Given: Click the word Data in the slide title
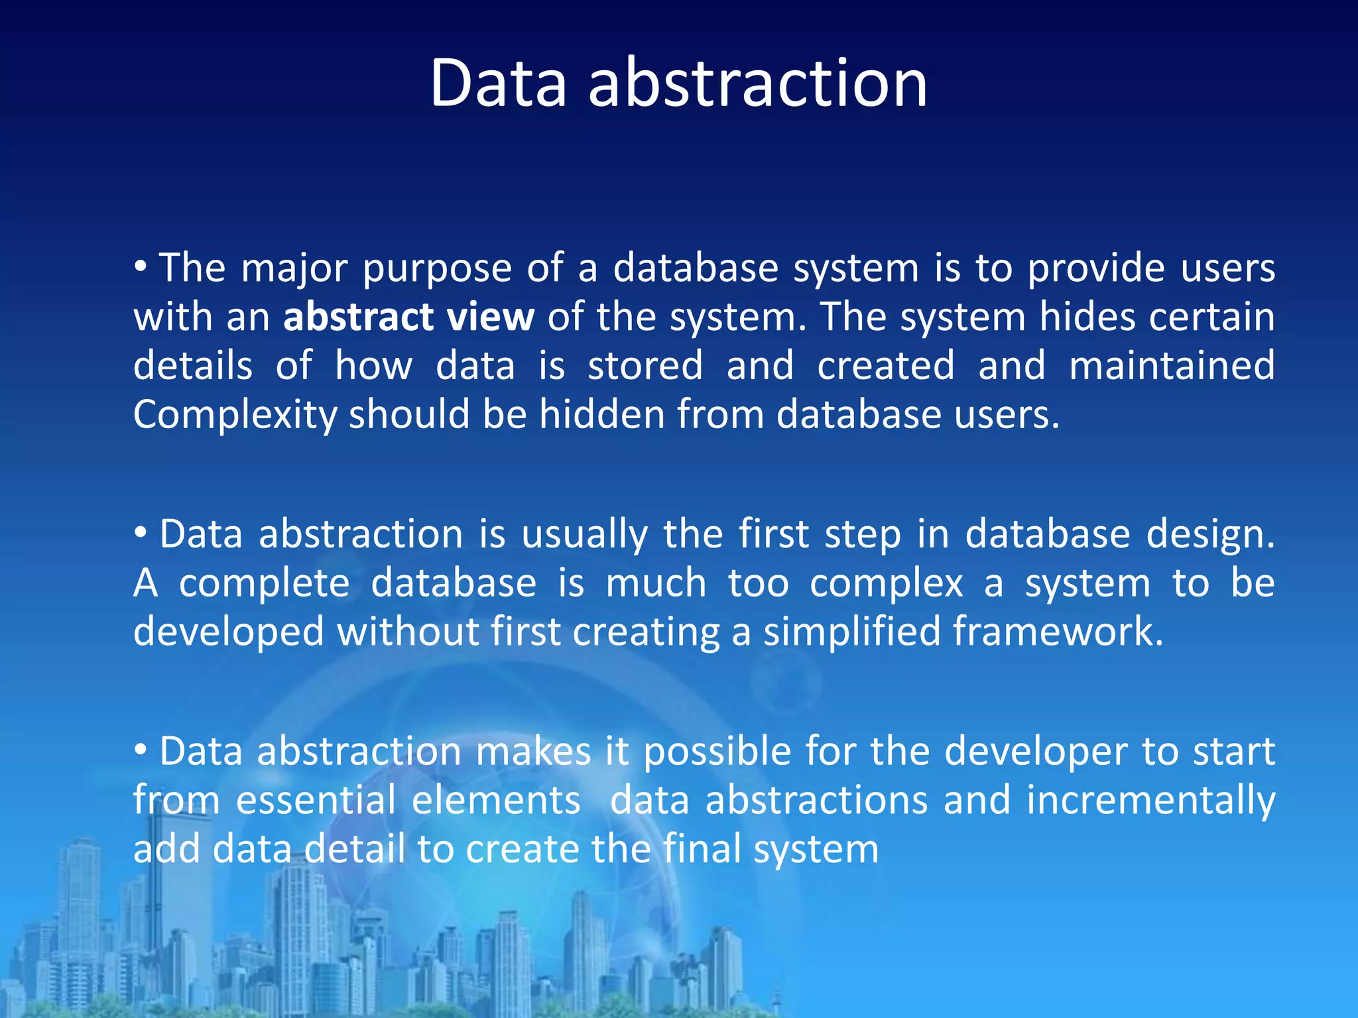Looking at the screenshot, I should tap(498, 84).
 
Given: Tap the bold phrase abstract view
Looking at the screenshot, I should tap(408, 317).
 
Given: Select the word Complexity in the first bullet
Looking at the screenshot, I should tap(235, 416).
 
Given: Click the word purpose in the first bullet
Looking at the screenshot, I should tap(437, 268).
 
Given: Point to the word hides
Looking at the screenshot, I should tap(1087, 317).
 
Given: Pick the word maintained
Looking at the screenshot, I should tap(1172, 366).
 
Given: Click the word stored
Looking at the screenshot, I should tap(645, 366).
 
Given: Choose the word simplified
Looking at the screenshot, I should tap(852, 631).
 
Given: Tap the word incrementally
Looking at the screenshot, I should tap(1150, 801).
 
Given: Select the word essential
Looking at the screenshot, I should tap(316, 800).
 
